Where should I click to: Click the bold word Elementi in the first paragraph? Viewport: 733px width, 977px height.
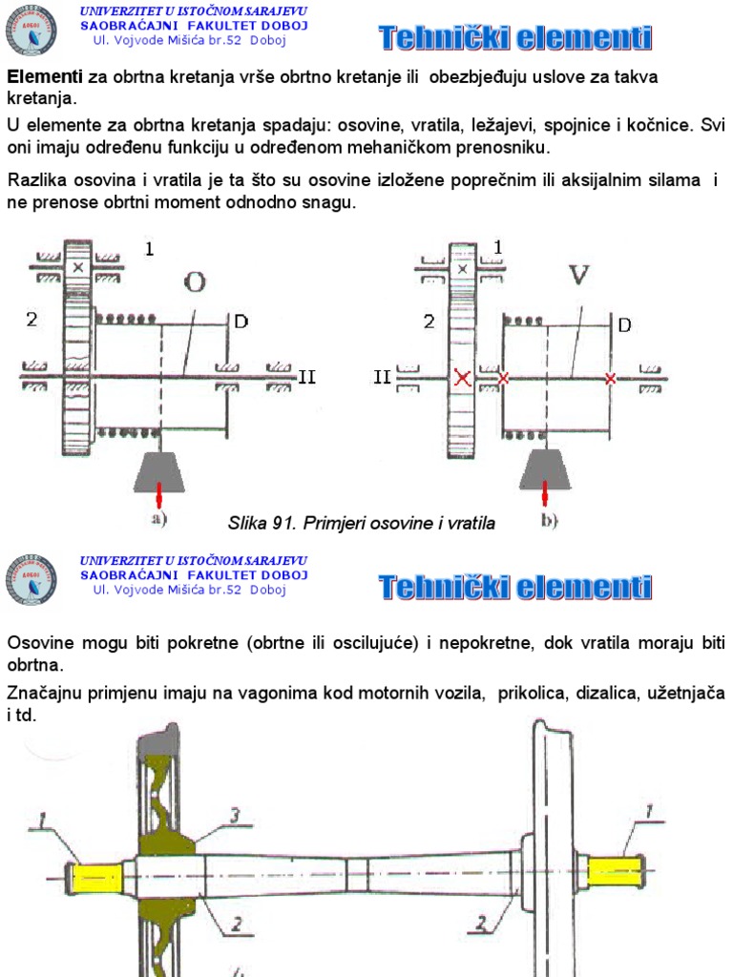click(x=45, y=76)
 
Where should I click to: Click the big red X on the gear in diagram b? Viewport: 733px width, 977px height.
click(x=463, y=378)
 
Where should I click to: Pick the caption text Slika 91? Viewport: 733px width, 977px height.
click(x=263, y=523)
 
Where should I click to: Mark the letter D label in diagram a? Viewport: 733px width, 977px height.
click(x=241, y=322)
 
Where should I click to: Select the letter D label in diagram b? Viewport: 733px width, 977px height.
click(x=624, y=325)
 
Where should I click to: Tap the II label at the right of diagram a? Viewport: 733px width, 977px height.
click(x=306, y=376)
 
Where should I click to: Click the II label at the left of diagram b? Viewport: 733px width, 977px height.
click(x=383, y=377)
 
